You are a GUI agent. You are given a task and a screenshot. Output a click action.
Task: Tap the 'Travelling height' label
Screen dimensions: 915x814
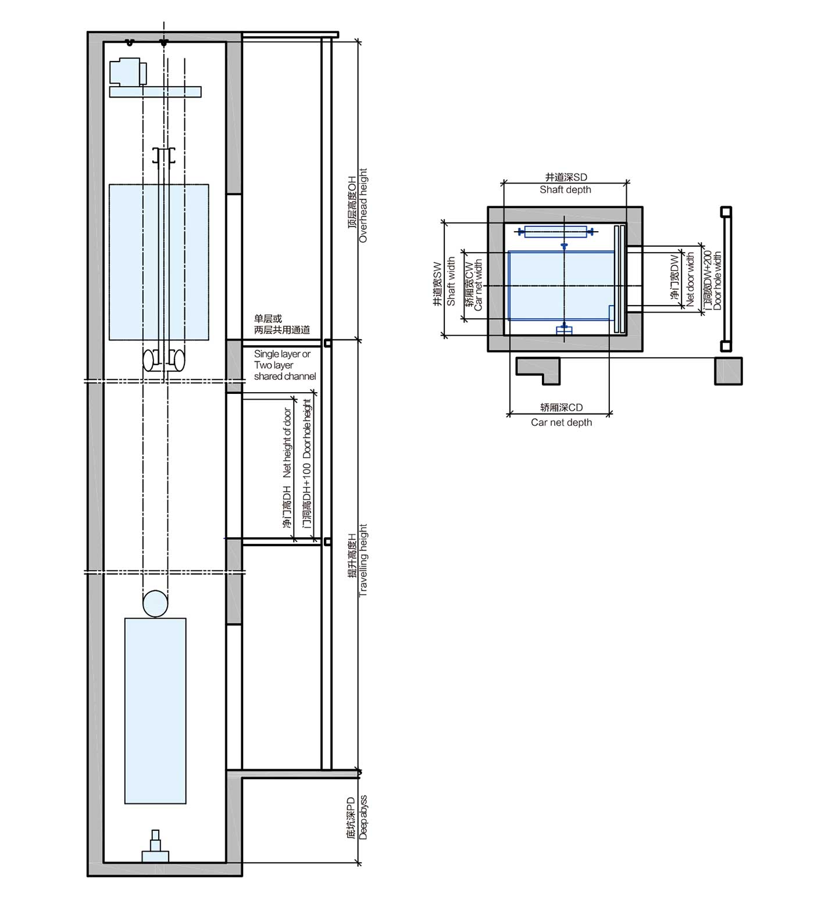pyautogui.click(x=363, y=561)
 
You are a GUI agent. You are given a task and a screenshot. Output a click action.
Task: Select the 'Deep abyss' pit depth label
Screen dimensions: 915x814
pyautogui.click(x=363, y=817)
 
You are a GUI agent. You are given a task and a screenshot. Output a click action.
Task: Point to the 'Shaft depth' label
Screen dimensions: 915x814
pyautogui.click(x=565, y=189)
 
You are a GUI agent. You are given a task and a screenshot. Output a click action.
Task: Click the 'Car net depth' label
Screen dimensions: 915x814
pyautogui.click(x=561, y=422)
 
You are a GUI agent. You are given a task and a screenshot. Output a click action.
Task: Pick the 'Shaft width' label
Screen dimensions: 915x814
pyautogui.click(x=451, y=282)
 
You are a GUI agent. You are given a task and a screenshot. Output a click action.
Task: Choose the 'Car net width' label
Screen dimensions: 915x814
pyautogui.click(x=479, y=285)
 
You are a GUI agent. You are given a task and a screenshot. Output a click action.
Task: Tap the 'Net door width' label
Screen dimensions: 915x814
pyautogui.click(x=690, y=279)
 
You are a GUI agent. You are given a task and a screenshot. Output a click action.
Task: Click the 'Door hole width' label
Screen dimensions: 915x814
pyautogui.click(x=717, y=280)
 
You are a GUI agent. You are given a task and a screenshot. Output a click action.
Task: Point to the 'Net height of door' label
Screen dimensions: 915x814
pyautogui.click(x=287, y=443)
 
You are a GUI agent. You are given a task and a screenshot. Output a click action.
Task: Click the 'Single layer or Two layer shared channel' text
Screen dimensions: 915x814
pyautogui.click(x=284, y=365)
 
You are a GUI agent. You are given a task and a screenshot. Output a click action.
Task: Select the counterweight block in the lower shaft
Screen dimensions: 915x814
pyautogui.click(x=155, y=710)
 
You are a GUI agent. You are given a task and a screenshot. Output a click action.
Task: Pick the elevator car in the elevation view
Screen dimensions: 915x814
pyautogui.click(x=159, y=261)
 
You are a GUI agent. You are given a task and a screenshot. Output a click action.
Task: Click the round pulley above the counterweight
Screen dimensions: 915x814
pyautogui.click(x=155, y=604)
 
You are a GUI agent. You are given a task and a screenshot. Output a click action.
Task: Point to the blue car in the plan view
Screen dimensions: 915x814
pyautogui.click(x=560, y=285)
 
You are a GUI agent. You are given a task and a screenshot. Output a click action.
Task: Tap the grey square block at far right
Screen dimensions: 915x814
pyautogui.click(x=728, y=371)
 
